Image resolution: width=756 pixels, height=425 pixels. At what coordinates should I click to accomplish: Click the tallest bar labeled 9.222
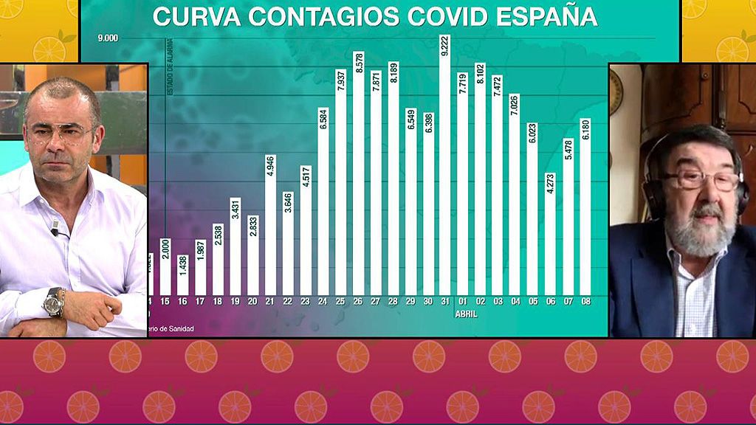(445, 170)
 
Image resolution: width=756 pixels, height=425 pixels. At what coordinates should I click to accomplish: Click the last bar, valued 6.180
(585, 207)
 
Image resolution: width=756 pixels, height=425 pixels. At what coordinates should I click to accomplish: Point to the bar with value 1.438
(183, 274)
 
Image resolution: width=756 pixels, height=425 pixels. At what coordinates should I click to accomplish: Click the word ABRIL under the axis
(466, 314)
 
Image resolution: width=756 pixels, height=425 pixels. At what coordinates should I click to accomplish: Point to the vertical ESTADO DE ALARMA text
(169, 68)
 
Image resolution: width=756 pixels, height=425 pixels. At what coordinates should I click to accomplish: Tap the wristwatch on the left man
(53, 301)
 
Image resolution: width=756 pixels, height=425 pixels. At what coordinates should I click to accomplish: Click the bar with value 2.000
(165, 266)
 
